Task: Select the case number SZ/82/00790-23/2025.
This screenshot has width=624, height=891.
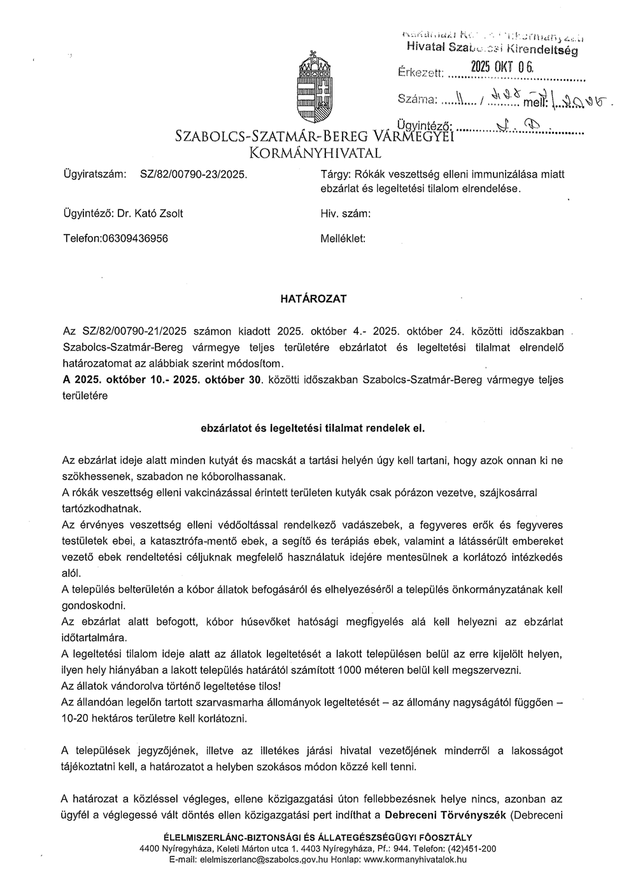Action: [x=193, y=172]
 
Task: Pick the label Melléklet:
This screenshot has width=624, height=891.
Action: [x=344, y=239]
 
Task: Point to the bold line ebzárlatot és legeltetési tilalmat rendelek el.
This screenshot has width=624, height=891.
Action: [x=313, y=428]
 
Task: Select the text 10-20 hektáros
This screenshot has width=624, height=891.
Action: [x=98, y=719]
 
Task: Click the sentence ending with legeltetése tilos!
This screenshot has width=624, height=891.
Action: [x=171, y=686]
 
